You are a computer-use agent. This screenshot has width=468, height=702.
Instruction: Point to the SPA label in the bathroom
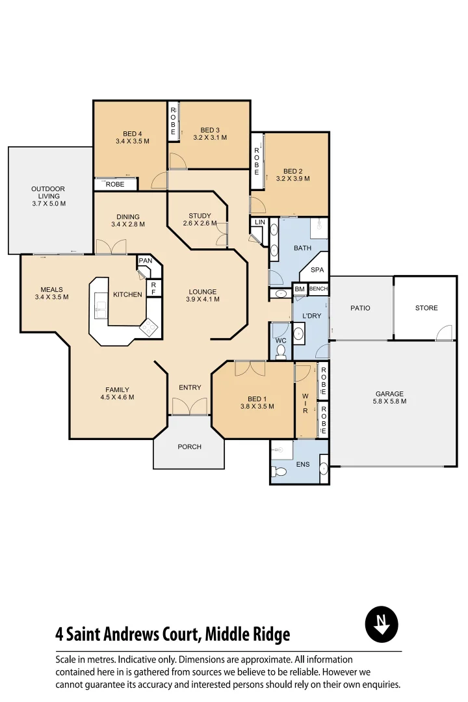pyautogui.click(x=317, y=270)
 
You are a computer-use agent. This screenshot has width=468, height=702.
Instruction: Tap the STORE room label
pyautogui.click(x=426, y=308)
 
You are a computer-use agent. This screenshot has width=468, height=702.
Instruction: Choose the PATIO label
pyautogui.click(x=360, y=308)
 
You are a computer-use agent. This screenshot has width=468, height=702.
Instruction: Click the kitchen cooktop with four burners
pyautogui.click(x=149, y=327)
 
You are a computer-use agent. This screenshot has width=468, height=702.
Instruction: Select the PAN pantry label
pyautogui.click(x=145, y=261)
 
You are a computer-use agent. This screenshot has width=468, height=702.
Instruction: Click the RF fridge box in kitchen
pyautogui.click(x=153, y=287)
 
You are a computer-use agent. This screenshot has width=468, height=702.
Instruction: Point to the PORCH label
pyautogui.click(x=189, y=447)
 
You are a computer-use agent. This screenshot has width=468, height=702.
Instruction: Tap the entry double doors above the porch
pyautogui.click(x=190, y=406)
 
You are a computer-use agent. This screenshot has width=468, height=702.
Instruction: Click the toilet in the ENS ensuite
pyautogui.click(x=280, y=471)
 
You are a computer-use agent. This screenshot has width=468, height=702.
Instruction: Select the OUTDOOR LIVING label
pyautogui.click(x=49, y=196)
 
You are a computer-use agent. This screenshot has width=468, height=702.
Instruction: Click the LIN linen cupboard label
pyautogui.click(x=260, y=222)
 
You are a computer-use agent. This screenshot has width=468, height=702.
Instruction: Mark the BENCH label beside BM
pyautogui.click(x=318, y=289)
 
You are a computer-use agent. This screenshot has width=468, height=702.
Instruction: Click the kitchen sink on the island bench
pyautogui.click(x=100, y=305)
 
